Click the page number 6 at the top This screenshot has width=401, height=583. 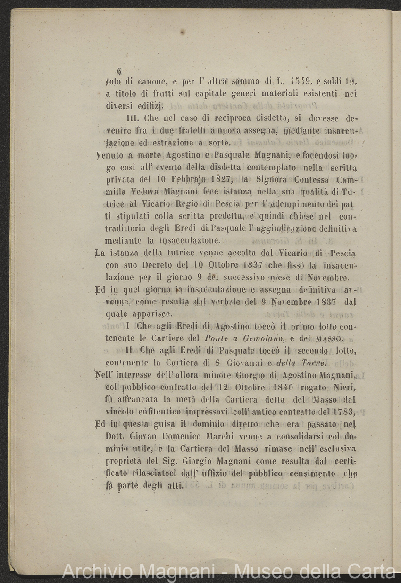click(119, 71)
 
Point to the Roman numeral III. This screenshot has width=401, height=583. click(134, 118)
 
